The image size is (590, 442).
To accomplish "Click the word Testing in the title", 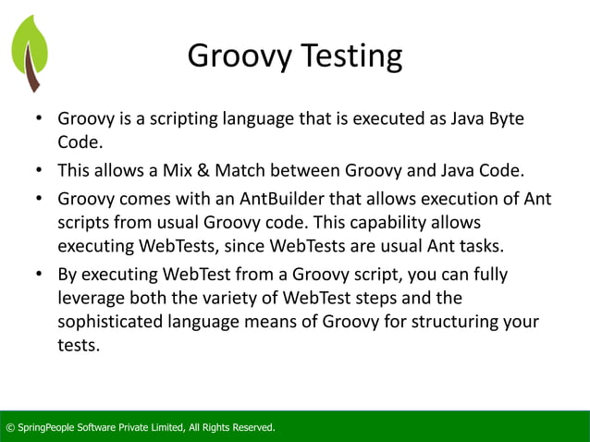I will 349,57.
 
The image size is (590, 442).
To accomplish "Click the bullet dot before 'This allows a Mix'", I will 41,170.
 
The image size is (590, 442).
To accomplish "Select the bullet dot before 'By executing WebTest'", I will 41,276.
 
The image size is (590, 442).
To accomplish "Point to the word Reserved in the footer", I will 250,427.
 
